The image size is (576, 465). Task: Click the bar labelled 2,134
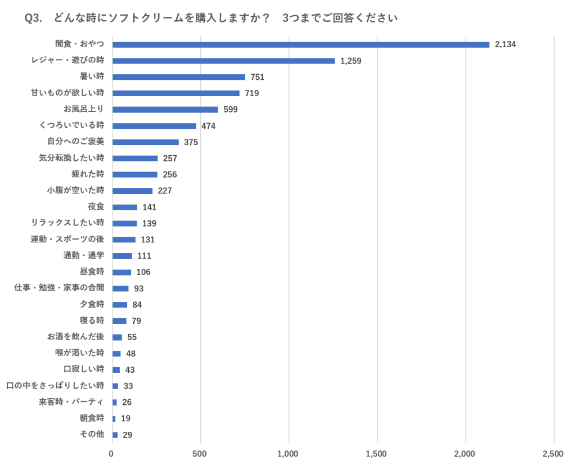click(x=301, y=44)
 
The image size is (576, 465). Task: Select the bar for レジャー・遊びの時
click(x=224, y=61)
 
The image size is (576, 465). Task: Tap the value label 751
click(x=257, y=77)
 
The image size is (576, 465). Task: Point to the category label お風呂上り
click(x=84, y=109)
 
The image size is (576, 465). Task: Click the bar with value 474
click(x=154, y=126)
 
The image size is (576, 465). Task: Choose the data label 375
click(x=191, y=142)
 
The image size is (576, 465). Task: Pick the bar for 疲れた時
click(x=135, y=174)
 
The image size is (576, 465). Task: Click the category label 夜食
click(x=96, y=207)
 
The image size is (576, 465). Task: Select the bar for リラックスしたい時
click(x=125, y=223)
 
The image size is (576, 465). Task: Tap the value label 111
click(x=144, y=256)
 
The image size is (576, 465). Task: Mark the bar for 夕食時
click(x=120, y=305)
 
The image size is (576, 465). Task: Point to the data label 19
click(x=125, y=418)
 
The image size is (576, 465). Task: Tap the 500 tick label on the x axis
click(x=200, y=454)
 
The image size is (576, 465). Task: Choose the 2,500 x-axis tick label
click(x=553, y=454)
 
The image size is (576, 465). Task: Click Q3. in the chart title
click(x=34, y=19)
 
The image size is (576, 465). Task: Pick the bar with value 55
click(x=117, y=337)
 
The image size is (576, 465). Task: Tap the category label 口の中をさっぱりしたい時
click(x=55, y=386)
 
